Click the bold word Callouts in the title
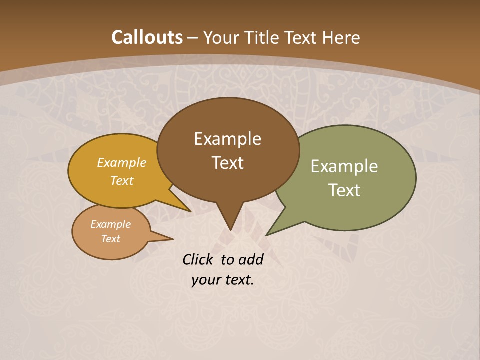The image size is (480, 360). [147, 37]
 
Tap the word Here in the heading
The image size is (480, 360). [341, 37]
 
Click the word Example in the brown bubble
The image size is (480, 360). [227, 139]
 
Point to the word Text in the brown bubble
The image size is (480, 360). [227, 163]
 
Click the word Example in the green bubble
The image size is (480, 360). [344, 166]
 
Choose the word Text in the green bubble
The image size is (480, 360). [344, 190]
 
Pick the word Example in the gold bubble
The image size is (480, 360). [122, 162]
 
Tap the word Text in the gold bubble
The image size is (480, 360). [122, 180]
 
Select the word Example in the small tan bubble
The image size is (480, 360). [111, 224]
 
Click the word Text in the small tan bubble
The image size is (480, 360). [111, 239]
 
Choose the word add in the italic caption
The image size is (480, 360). [250, 259]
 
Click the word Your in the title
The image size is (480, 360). [221, 37]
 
